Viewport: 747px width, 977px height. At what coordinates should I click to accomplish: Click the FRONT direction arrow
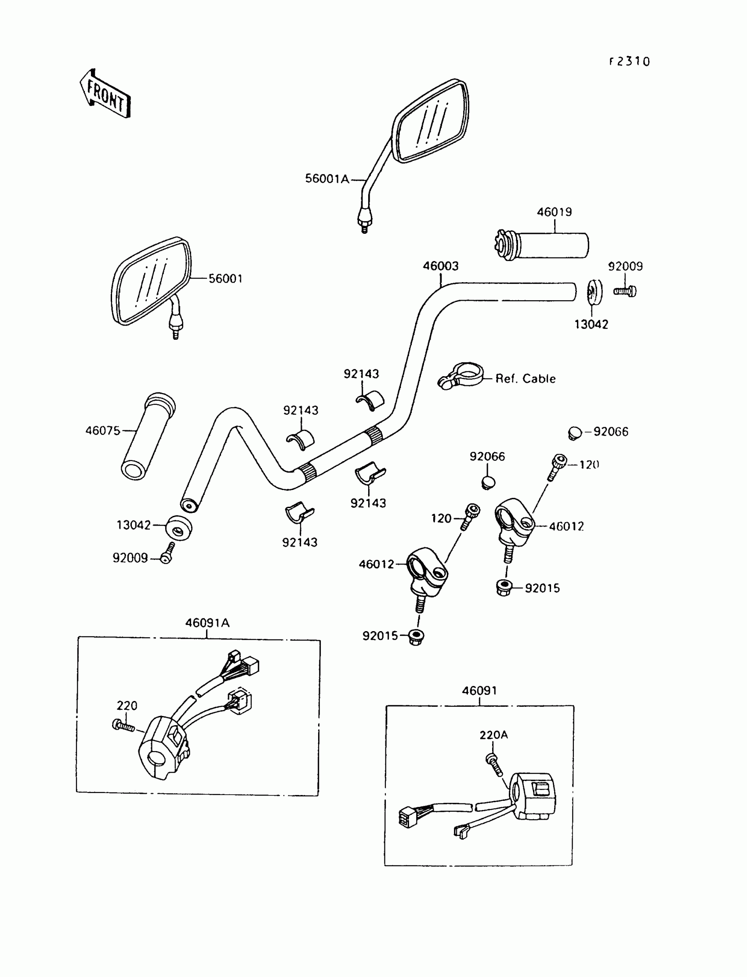[x=105, y=94]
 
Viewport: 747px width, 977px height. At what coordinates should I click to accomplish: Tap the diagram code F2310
[x=630, y=62]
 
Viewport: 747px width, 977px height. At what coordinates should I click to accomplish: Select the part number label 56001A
[x=327, y=179]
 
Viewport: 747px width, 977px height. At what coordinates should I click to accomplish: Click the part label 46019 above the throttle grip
[x=554, y=212]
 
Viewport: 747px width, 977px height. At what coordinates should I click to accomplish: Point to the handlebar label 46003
[x=440, y=266]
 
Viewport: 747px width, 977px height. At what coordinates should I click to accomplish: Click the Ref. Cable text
[x=526, y=379]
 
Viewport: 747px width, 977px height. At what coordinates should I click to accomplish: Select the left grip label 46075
[x=103, y=430]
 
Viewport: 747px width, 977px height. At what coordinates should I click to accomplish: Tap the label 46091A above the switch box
[x=207, y=623]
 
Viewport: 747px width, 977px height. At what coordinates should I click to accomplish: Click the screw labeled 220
[x=123, y=726]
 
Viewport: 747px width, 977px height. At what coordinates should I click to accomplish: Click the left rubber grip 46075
[x=148, y=436]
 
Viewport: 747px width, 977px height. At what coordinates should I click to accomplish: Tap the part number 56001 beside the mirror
[x=225, y=279]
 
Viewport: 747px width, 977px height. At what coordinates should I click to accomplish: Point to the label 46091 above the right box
[x=479, y=690]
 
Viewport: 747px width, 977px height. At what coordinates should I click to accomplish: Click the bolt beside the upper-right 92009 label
[x=625, y=291]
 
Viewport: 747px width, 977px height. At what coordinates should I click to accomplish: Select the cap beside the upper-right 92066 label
[x=574, y=433]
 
